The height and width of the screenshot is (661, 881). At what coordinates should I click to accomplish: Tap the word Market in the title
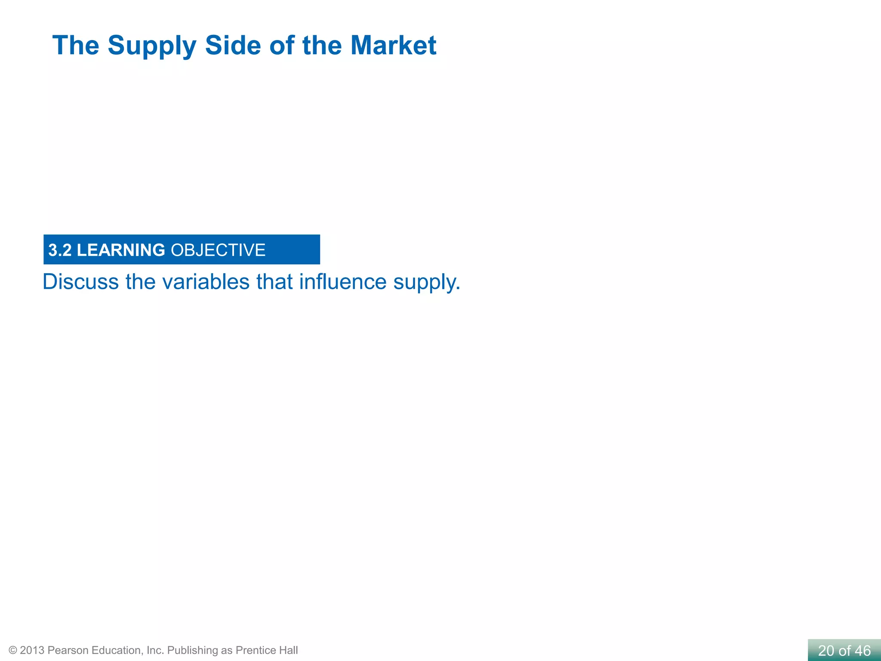click(393, 45)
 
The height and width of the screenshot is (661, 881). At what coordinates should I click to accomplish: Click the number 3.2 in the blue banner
click(60, 250)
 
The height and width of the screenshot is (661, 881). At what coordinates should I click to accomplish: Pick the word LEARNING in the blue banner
click(121, 250)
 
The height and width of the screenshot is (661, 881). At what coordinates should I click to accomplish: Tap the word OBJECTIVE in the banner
click(218, 250)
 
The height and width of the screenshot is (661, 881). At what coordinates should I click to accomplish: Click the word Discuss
click(81, 282)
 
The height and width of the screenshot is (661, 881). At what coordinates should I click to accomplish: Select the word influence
click(343, 282)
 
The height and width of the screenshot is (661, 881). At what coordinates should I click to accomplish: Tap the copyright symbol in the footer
click(13, 650)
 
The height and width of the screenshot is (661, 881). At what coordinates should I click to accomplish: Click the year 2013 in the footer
click(32, 650)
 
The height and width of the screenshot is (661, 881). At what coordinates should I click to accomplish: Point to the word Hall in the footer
click(288, 650)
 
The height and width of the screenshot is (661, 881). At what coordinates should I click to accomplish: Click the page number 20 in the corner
click(826, 651)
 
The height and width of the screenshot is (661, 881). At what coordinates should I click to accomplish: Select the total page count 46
click(863, 651)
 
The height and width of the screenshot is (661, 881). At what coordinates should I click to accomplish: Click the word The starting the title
click(76, 45)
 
